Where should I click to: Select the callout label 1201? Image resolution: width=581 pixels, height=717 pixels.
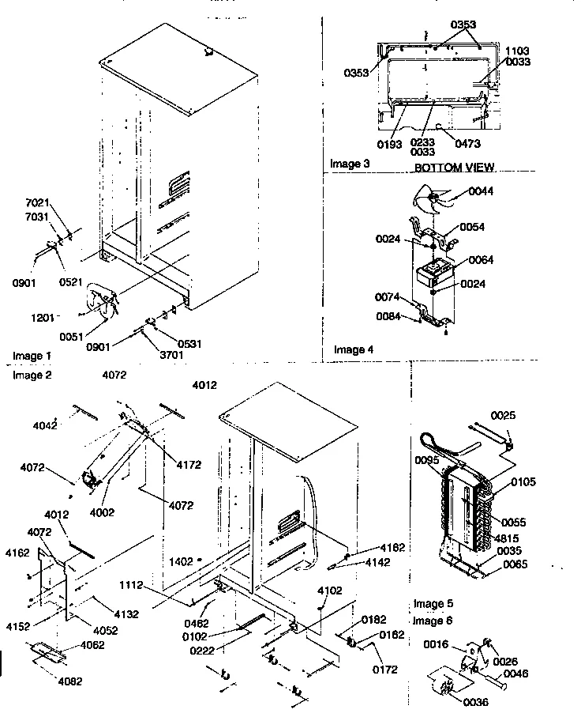(43, 317)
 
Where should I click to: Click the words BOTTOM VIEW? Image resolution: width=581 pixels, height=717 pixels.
(454, 168)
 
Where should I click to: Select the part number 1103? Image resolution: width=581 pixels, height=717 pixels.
(518, 50)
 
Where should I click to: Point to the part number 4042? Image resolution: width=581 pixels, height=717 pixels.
(44, 425)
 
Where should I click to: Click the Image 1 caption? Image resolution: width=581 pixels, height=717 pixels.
(32, 356)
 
